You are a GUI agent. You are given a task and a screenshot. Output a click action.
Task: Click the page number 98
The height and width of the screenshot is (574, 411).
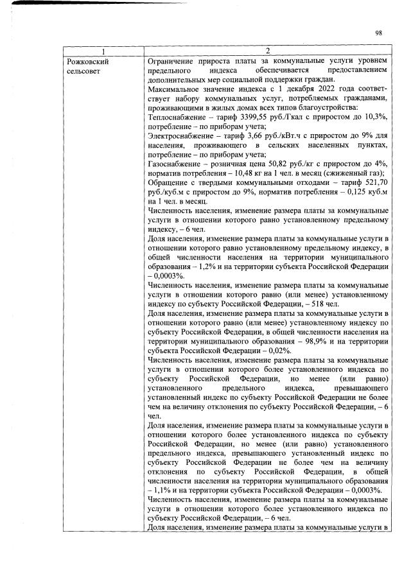coord(379,33)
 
